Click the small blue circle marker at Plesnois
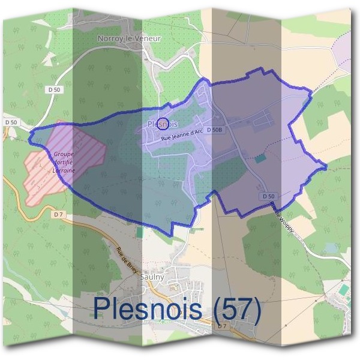click(161, 124)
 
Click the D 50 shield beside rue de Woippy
click(268, 196)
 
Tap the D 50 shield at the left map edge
click(11, 123)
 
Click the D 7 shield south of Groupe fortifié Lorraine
click(58, 214)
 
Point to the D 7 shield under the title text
click(222, 326)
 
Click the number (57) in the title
click(238, 310)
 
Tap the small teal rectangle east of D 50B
click(259, 159)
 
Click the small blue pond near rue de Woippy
click(329, 247)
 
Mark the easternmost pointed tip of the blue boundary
click(326, 168)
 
